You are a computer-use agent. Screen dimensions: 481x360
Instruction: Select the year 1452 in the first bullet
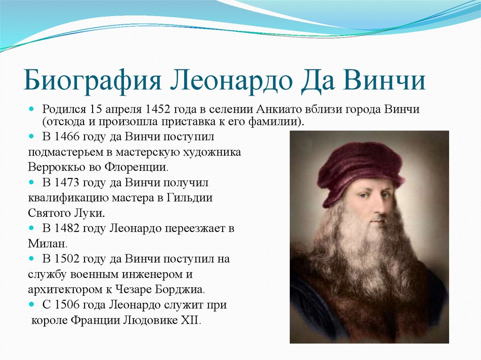click(158, 109)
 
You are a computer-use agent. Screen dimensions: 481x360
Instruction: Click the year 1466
click(67, 137)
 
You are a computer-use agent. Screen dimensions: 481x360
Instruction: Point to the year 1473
click(67, 183)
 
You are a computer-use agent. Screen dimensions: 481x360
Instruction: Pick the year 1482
click(67, 228)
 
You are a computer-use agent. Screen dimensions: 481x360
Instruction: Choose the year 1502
click(67, 259)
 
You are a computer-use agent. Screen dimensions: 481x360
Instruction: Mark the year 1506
click(67, 305)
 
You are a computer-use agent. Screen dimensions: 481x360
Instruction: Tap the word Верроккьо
click(56, 167)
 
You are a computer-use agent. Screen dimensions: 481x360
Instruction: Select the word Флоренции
click(136, 167)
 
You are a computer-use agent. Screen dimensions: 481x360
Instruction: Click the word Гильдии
click(190, 198)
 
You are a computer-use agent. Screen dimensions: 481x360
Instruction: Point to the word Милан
click(47, 244)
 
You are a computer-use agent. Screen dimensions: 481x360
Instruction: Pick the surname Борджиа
click(180, 290)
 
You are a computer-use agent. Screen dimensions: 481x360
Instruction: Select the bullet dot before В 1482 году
click(31, 229)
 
